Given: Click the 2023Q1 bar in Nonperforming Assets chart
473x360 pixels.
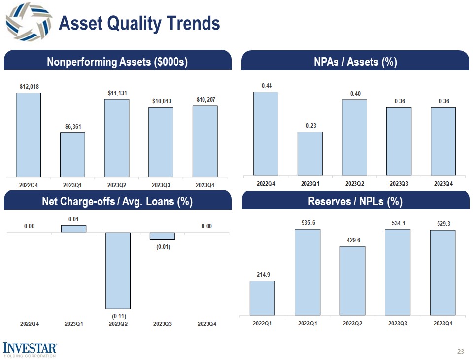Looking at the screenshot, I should coord(72,154).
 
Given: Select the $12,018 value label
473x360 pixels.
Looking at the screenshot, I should coord(28,86).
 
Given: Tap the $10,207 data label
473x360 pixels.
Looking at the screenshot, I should coord(205,100).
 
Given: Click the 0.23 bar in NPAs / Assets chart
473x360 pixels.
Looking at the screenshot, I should coord(310,153).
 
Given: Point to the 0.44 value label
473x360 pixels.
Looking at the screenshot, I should coord(267,86).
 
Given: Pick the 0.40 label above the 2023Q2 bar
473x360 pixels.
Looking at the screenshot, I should coord(355,93).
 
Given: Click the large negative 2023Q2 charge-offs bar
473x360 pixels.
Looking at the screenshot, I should coord(117,270).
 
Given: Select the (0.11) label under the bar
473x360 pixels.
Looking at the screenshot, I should coord(118,315).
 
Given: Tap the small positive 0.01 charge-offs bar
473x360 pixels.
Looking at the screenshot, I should coord(73,229).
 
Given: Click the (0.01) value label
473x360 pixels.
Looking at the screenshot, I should coord(163,246).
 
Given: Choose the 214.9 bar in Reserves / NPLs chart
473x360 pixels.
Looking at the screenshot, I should coord(262,297).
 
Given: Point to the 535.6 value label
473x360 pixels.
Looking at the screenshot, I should coord(307,223).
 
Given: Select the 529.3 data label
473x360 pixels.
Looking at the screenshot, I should coord(442,224).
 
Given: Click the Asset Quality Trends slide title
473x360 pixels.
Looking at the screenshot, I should coord(139,23).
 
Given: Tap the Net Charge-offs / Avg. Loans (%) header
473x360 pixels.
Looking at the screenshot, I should coord(117,201).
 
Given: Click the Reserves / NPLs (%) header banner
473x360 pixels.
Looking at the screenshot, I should coord(355,201).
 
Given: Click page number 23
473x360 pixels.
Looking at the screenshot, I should coord(461,352).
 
